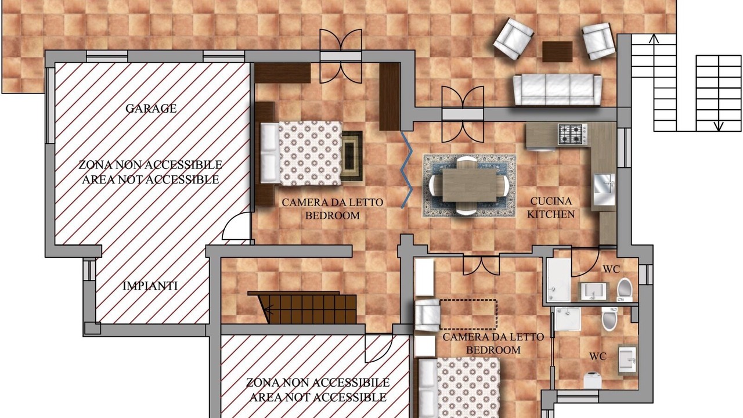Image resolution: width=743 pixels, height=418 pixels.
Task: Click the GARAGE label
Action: (151, 109)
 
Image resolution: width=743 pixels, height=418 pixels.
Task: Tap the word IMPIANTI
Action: (150, 286)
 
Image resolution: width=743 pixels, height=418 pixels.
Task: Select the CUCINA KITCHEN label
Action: (551, 208)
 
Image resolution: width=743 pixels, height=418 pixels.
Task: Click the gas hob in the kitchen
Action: (572, 134)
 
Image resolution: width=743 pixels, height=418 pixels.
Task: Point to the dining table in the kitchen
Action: (470, 185)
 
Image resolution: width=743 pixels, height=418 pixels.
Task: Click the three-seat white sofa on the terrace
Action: (557, 89)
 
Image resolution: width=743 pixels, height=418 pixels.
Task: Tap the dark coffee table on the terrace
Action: (557, 52)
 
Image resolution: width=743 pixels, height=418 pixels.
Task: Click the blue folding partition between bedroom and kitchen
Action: (407, 170)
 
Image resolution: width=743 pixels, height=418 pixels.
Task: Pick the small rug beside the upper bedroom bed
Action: (352, 156)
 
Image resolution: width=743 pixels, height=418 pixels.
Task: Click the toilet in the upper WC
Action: (625, 290)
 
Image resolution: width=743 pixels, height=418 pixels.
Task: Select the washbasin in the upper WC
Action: (593, 291)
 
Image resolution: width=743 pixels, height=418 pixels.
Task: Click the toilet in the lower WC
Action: (609, 319)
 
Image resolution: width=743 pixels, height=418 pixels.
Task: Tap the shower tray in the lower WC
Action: (567, 319)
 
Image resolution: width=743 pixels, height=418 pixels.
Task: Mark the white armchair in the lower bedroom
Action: (428, 315)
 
